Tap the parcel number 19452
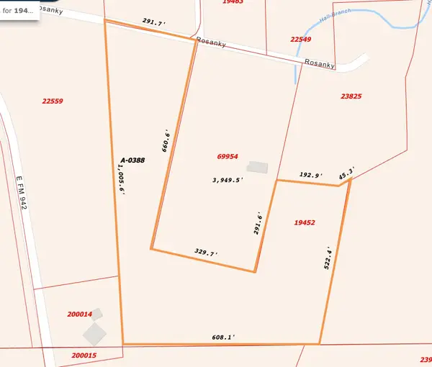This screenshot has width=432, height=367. tap(305, 223)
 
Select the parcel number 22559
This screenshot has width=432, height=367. tap(53, 101)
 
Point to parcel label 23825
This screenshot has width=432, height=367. tap(351, 95)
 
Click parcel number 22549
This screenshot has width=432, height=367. tap(301, 39)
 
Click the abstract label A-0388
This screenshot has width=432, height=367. tap(132, 160)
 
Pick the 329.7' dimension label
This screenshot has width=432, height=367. tap(206, 253)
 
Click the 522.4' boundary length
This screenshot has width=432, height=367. tap(329, 257)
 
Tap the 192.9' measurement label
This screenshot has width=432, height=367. tap(311, 175)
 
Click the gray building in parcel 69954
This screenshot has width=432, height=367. tap(257, 167)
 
